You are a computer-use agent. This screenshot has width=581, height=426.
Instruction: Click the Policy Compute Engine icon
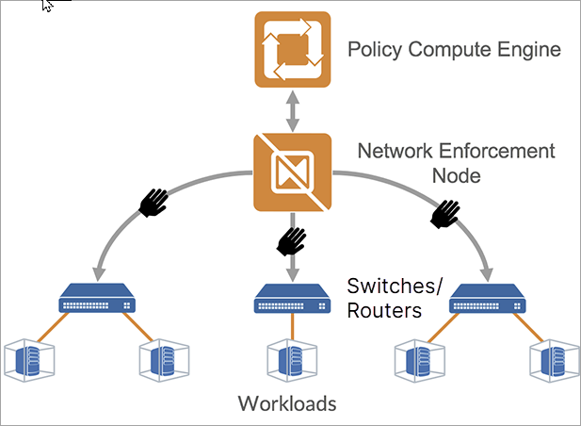click(x=292, y=50)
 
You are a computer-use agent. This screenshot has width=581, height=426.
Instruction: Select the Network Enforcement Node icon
click(x=292, y=172)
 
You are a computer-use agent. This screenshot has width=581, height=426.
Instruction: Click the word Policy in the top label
click(x=374, y=50)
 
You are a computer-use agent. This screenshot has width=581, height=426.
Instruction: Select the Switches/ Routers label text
click(x=383, y=298)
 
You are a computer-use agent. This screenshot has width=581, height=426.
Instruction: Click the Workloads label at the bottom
click(x=286, y=404)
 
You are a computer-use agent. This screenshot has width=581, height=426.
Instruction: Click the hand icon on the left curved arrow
click(x=153, y=201)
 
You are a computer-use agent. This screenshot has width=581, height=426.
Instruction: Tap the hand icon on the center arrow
click(x=291, y=243)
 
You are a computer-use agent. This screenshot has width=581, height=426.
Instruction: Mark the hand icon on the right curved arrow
click(x=445, y=213)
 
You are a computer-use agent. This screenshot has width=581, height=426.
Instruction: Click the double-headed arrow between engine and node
click(x=292, y=111)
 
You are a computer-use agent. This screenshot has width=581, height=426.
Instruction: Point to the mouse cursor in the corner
click(x=48, y=5)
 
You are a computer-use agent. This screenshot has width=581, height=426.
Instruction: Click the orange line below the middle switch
click(x=292, y=327)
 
